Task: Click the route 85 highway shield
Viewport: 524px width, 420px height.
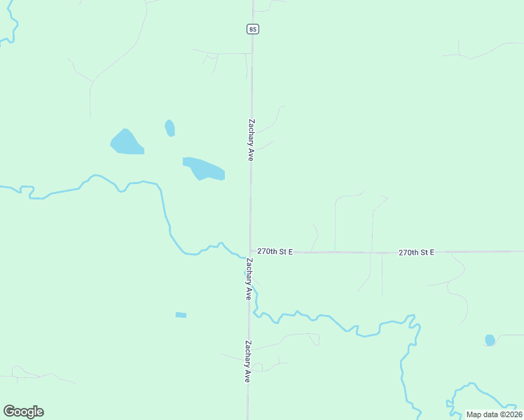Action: pos(252,29)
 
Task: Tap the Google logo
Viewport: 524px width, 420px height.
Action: pos(23,412)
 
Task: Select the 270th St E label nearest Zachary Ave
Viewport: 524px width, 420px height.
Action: pos(275,251)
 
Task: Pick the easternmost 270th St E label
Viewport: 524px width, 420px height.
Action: pos(417,252)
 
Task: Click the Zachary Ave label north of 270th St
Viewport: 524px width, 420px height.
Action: pos(250,139)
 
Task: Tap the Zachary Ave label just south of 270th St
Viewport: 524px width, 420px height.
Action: pos(248,279)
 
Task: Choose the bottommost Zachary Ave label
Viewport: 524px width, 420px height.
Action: pos(247,360)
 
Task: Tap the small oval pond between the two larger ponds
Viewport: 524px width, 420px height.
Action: pos(170,128)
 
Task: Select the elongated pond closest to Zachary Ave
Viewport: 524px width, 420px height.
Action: pos(204,168)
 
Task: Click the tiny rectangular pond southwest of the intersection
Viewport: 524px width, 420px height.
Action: pos(181,315)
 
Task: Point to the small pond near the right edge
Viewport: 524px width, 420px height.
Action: pos(490,340)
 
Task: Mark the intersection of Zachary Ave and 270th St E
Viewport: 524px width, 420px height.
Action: pos(250,251)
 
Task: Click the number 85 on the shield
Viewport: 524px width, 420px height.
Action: pos(252,29)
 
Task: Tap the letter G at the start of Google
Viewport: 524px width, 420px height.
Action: pos(9,412)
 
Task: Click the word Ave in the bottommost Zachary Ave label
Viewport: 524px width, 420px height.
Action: pos(247,374)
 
